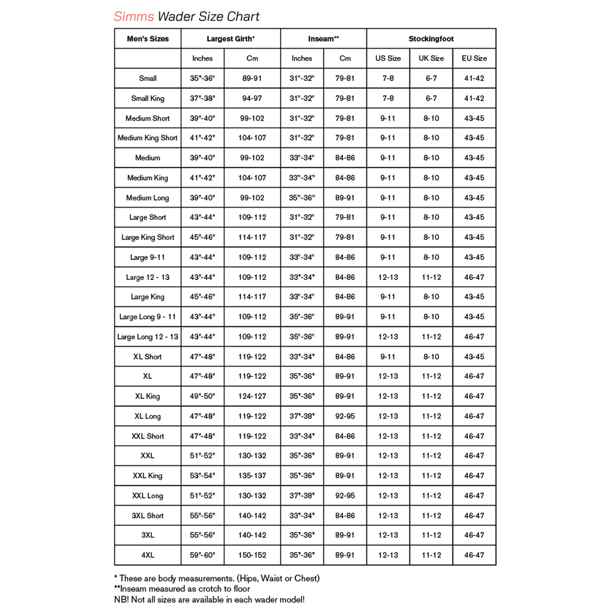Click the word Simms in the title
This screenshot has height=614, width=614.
point(134,16)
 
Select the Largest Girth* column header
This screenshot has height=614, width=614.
point(230,39)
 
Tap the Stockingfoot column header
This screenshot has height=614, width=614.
point(431,39)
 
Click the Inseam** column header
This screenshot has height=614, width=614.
point(324,39)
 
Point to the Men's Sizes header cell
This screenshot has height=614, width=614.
point(147,39)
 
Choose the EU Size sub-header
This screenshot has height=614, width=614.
point(474,58)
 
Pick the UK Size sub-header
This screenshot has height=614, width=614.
point(431,58)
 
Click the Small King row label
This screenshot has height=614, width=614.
point(147,98)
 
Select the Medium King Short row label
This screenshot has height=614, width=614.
point(147,138)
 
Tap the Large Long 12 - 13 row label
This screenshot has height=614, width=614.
point(147,336)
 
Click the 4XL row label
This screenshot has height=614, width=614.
point(147,555)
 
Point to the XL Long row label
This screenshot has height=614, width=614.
point(147,416)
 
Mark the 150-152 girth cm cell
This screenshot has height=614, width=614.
point(252,555)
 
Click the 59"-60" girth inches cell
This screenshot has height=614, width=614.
point(202,555)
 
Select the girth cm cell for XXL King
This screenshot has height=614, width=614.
point(252,476)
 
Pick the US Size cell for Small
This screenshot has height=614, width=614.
point(388,79)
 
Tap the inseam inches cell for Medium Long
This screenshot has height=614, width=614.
point(301,198)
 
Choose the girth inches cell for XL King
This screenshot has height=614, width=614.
point(202,396)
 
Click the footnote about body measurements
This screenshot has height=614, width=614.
point(217,578)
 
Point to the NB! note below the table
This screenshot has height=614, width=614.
point(209,599)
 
